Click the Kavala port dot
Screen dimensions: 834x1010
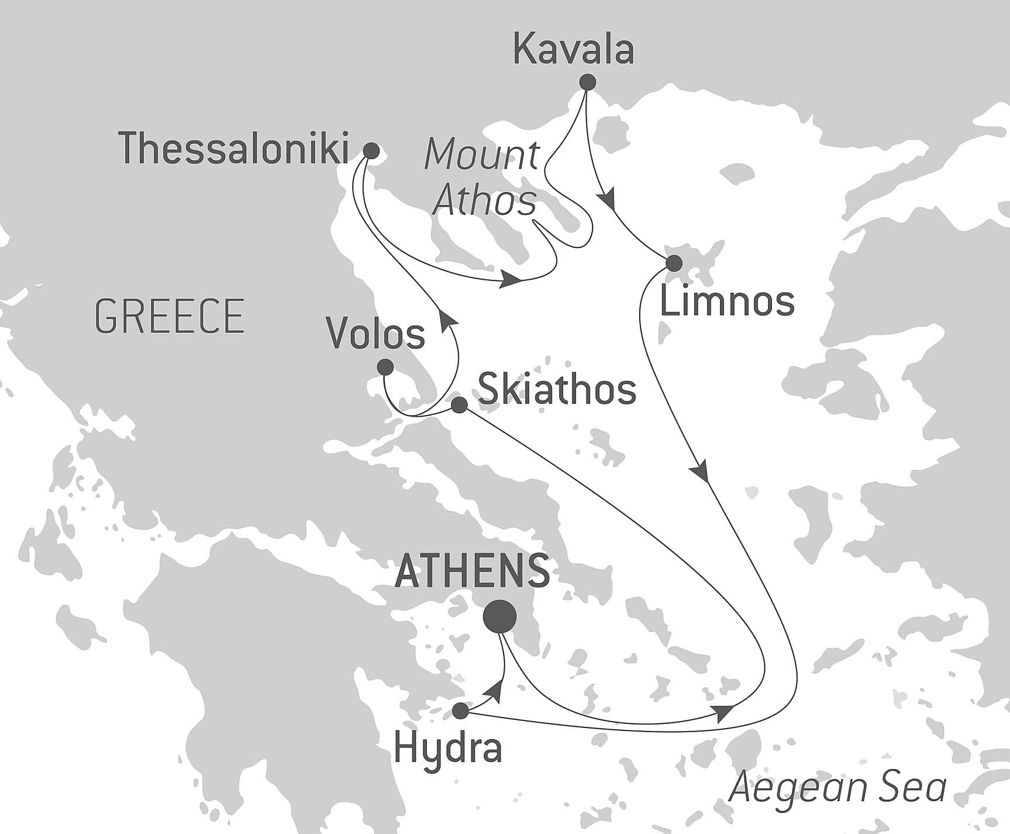[587, 82]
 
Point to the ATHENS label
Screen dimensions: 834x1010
[473, 571]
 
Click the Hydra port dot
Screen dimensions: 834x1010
[461, 711]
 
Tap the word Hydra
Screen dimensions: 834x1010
[448, 748]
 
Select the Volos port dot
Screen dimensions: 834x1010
[385, 367]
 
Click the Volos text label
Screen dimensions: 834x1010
[376, 335]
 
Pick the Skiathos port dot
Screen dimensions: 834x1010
[459, 405]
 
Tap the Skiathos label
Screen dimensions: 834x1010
[557, 390]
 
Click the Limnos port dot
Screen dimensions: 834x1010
[674, 263]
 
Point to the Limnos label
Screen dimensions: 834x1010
[727, 302]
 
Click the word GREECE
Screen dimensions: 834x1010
[170, 317]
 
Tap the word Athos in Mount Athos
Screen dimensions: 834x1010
[484, 201]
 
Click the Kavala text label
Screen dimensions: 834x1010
[573, 50]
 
